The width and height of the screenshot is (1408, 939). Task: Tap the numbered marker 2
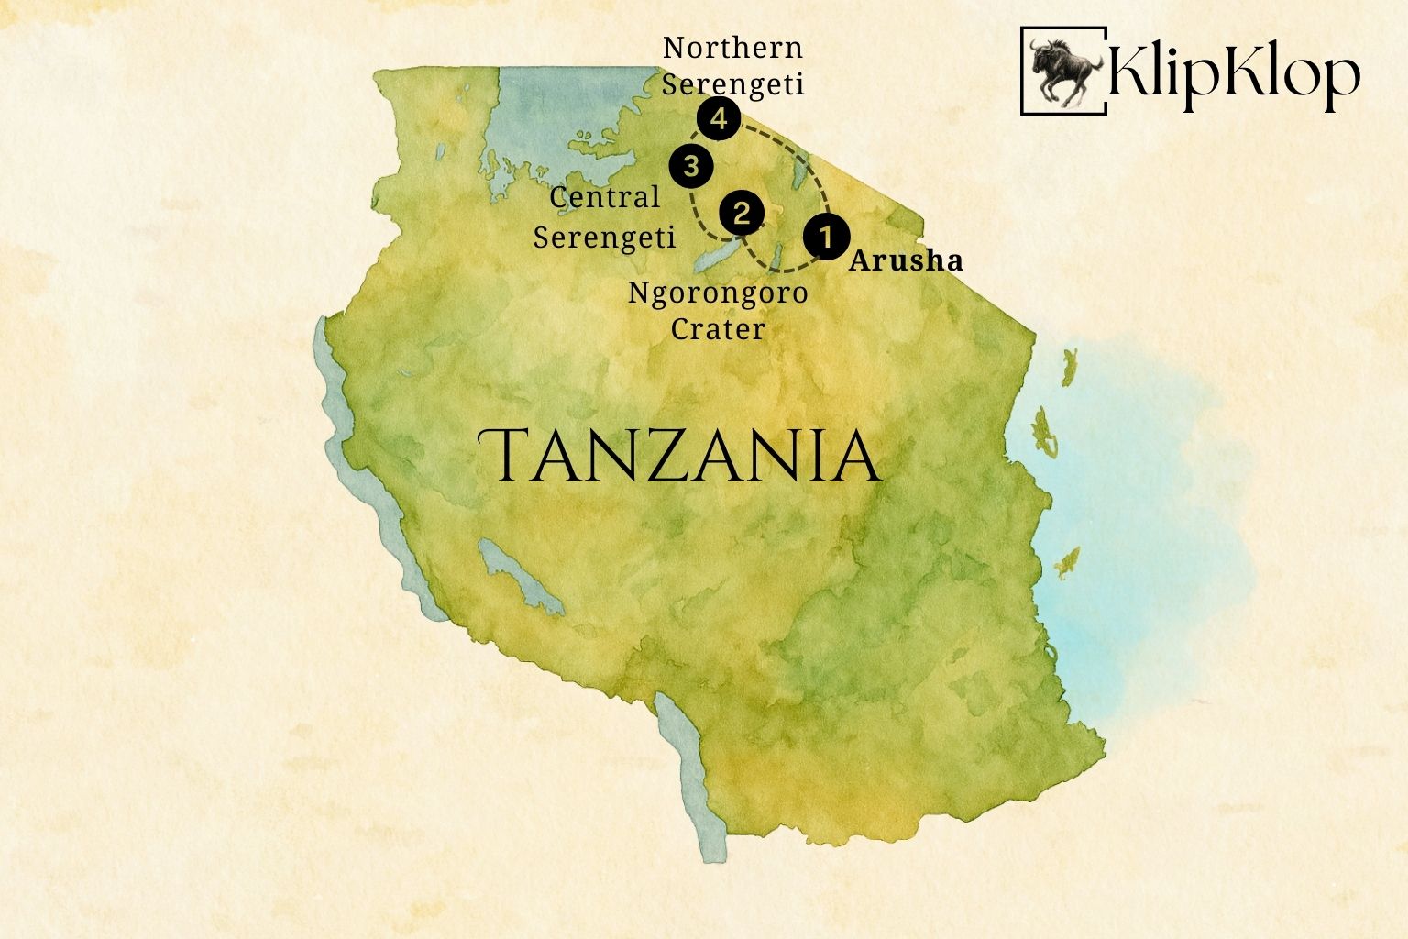742,214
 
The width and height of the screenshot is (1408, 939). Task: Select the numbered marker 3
692,167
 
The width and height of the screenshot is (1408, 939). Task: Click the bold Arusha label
906,261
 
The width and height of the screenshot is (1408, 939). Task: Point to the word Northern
732,48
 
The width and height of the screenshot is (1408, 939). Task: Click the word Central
604,197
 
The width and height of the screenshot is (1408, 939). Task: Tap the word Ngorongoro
718,293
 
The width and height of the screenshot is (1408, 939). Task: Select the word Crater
718,328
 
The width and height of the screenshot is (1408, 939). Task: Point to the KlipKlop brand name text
1233,73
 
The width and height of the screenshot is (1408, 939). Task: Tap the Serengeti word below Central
604,237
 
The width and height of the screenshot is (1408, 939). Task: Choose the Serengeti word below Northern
732,84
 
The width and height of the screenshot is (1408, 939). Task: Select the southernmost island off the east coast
1066,562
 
